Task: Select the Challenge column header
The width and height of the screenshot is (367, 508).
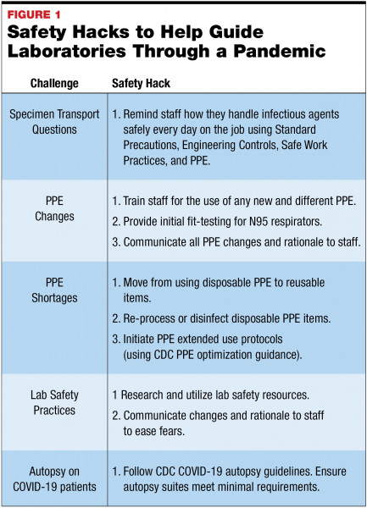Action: [56, 86]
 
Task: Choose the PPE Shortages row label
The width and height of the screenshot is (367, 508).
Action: [56, 290]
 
